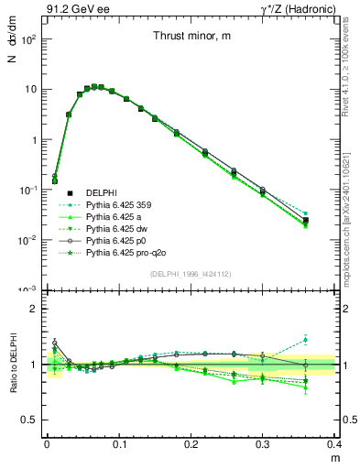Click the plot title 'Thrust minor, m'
[x=191, y=37]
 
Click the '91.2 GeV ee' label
[x=73, y=8]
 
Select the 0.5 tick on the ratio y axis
[x=33, y=420]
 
